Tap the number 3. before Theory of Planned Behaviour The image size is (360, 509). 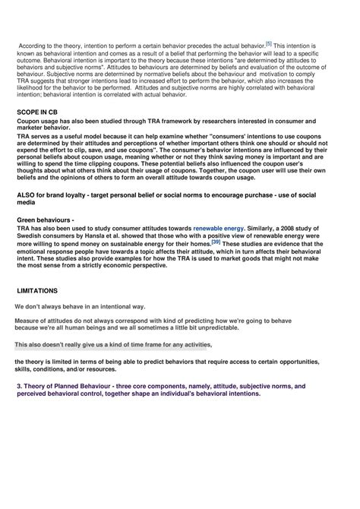pos(19,386)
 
